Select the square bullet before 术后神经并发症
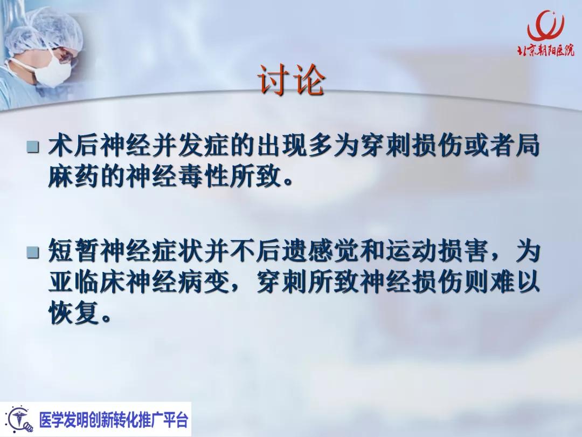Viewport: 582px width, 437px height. pyautogui.click(x=34, y=146)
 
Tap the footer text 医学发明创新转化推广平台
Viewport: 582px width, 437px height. pyautogui.click(x=114, y=419)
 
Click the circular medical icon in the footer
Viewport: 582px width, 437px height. pyautogui.click(x=19, y=419)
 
